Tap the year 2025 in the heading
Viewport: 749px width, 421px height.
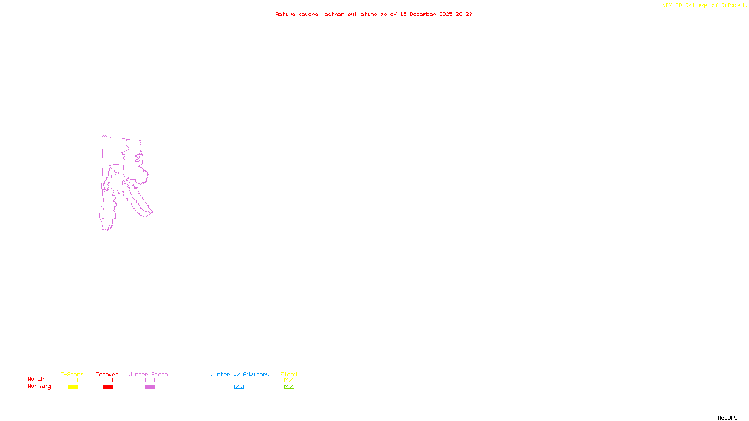click(x=446, y=14)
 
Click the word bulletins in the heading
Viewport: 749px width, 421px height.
click(x=362, y=14)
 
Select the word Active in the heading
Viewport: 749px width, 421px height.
click(x=285, y=14)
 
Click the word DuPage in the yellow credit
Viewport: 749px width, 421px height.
click(x=731, y=5)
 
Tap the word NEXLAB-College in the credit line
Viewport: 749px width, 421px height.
click(x=685, y=5)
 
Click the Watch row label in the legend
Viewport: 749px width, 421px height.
click(x=36, y=379)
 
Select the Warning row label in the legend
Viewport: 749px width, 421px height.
click(x=39, y=386)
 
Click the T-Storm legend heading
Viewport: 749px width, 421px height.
click(x=72, y=374)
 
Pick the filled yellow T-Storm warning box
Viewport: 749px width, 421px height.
click(x=73, y=387)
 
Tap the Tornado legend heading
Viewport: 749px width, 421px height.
click(x=107, y=374)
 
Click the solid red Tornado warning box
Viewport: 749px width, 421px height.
click(x=108, y=387)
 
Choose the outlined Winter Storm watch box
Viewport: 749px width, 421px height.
click(x=150, y=380)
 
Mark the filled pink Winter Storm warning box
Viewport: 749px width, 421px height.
click(x=150, y=387)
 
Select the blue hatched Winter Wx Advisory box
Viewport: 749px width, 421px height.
click(x=239, y=387)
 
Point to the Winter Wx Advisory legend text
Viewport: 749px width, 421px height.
click(x=240, y=374)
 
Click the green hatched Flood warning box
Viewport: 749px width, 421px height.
click(x=289, y=387)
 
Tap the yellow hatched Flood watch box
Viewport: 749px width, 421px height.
click(x=289, y=380)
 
